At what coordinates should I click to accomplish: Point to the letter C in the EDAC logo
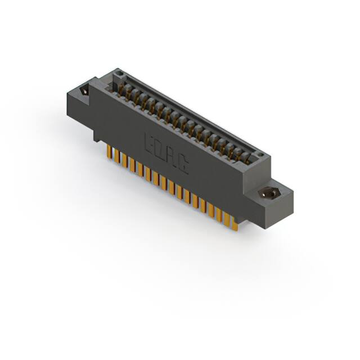[184, 165]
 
